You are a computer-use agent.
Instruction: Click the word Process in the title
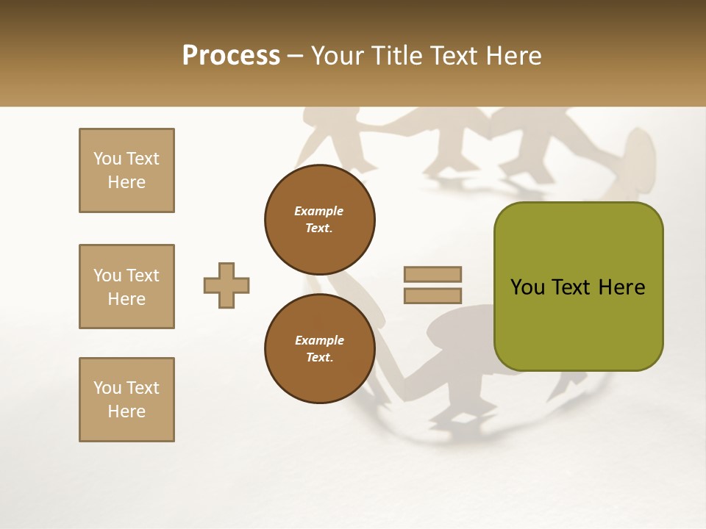(231, 56)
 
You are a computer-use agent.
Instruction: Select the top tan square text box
(126, 170)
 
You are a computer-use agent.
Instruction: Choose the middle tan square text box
(126, 287)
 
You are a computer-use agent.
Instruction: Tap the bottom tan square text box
(126, 400)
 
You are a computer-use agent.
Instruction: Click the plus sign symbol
(227, 285)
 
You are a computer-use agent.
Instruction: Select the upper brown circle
(319, 220)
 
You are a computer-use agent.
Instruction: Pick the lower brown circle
(319, 349)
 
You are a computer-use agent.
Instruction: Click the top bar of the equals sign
(432, 275)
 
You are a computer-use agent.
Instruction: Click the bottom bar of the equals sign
(432, 296)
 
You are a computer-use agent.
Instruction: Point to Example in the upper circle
(318, 211)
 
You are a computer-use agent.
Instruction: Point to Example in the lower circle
(319, 340)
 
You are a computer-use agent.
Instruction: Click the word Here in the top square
(126, 182)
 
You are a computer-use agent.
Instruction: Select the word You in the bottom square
(107, 388)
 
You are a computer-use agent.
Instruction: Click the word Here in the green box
(621, 287)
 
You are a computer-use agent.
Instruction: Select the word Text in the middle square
(143, 276)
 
